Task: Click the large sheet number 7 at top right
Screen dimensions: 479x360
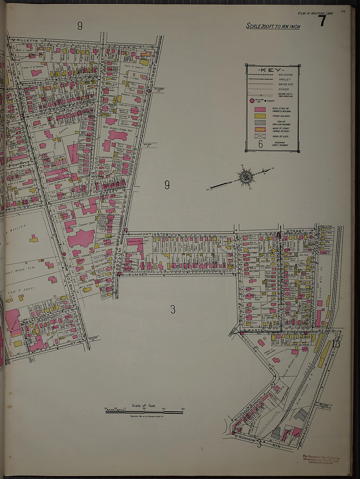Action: (x=322, y=21)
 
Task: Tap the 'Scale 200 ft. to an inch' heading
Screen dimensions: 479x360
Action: (x=273, y=26)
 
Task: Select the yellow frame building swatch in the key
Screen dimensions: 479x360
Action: (x=260, y=116)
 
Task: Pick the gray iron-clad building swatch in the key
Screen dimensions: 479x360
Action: (x=260, y=123)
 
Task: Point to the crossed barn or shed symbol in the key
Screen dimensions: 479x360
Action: (x=260, y=136)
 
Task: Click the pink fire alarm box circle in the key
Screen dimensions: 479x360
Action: (x=252, y=101)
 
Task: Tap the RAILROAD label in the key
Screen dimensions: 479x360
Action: (x=286, y=75)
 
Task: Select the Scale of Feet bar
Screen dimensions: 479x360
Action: (x=144, y=411)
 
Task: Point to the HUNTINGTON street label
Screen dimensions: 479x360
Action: (x=153, y=234)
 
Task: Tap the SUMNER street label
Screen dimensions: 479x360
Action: (x=139, y=274)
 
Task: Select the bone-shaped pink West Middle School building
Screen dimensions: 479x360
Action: (x=117, y=135)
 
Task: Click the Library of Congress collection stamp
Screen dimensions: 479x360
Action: (x=321, y=460)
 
